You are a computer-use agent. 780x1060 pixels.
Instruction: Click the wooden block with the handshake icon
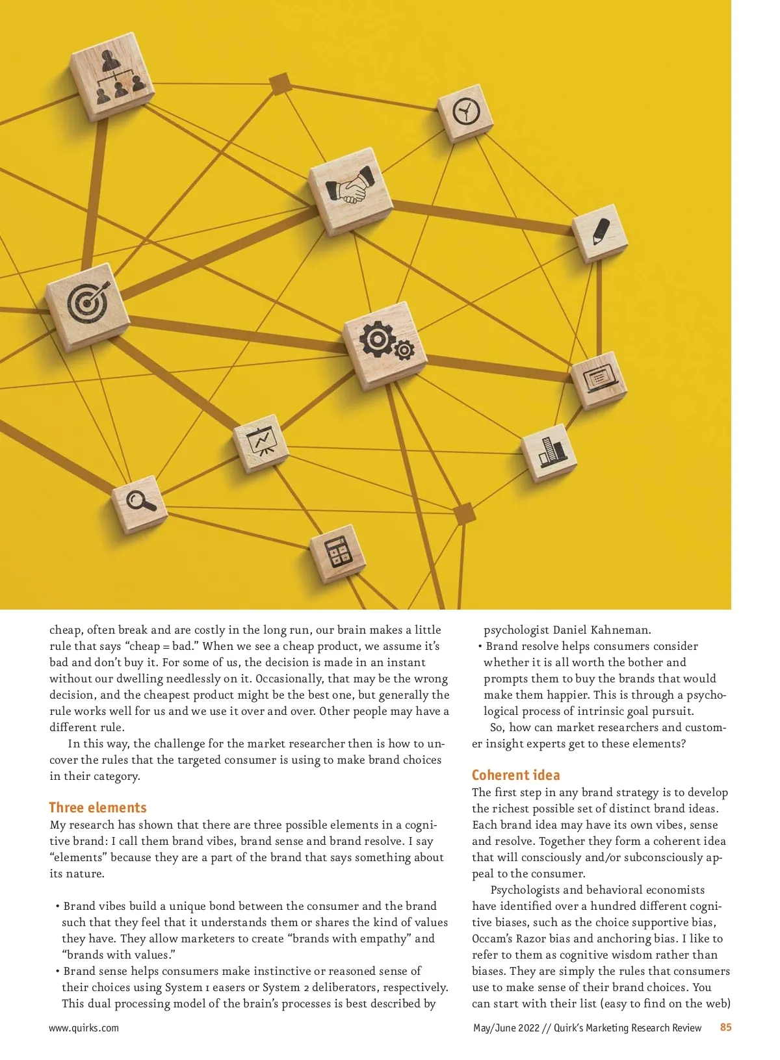[351, 189]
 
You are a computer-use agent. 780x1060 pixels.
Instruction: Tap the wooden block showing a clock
[465, 112]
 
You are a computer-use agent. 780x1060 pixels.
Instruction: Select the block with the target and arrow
[87, 304]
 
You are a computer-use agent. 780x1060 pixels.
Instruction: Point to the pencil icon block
[600, 231]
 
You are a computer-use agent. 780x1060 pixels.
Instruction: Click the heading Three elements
[97, 807]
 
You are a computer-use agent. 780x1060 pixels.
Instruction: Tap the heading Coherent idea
[515, 775]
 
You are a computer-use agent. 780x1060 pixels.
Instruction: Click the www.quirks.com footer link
[84, 1028]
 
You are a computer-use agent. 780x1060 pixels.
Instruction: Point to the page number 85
[725, 1027]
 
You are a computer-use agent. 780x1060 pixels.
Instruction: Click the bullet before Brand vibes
[57, 906]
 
